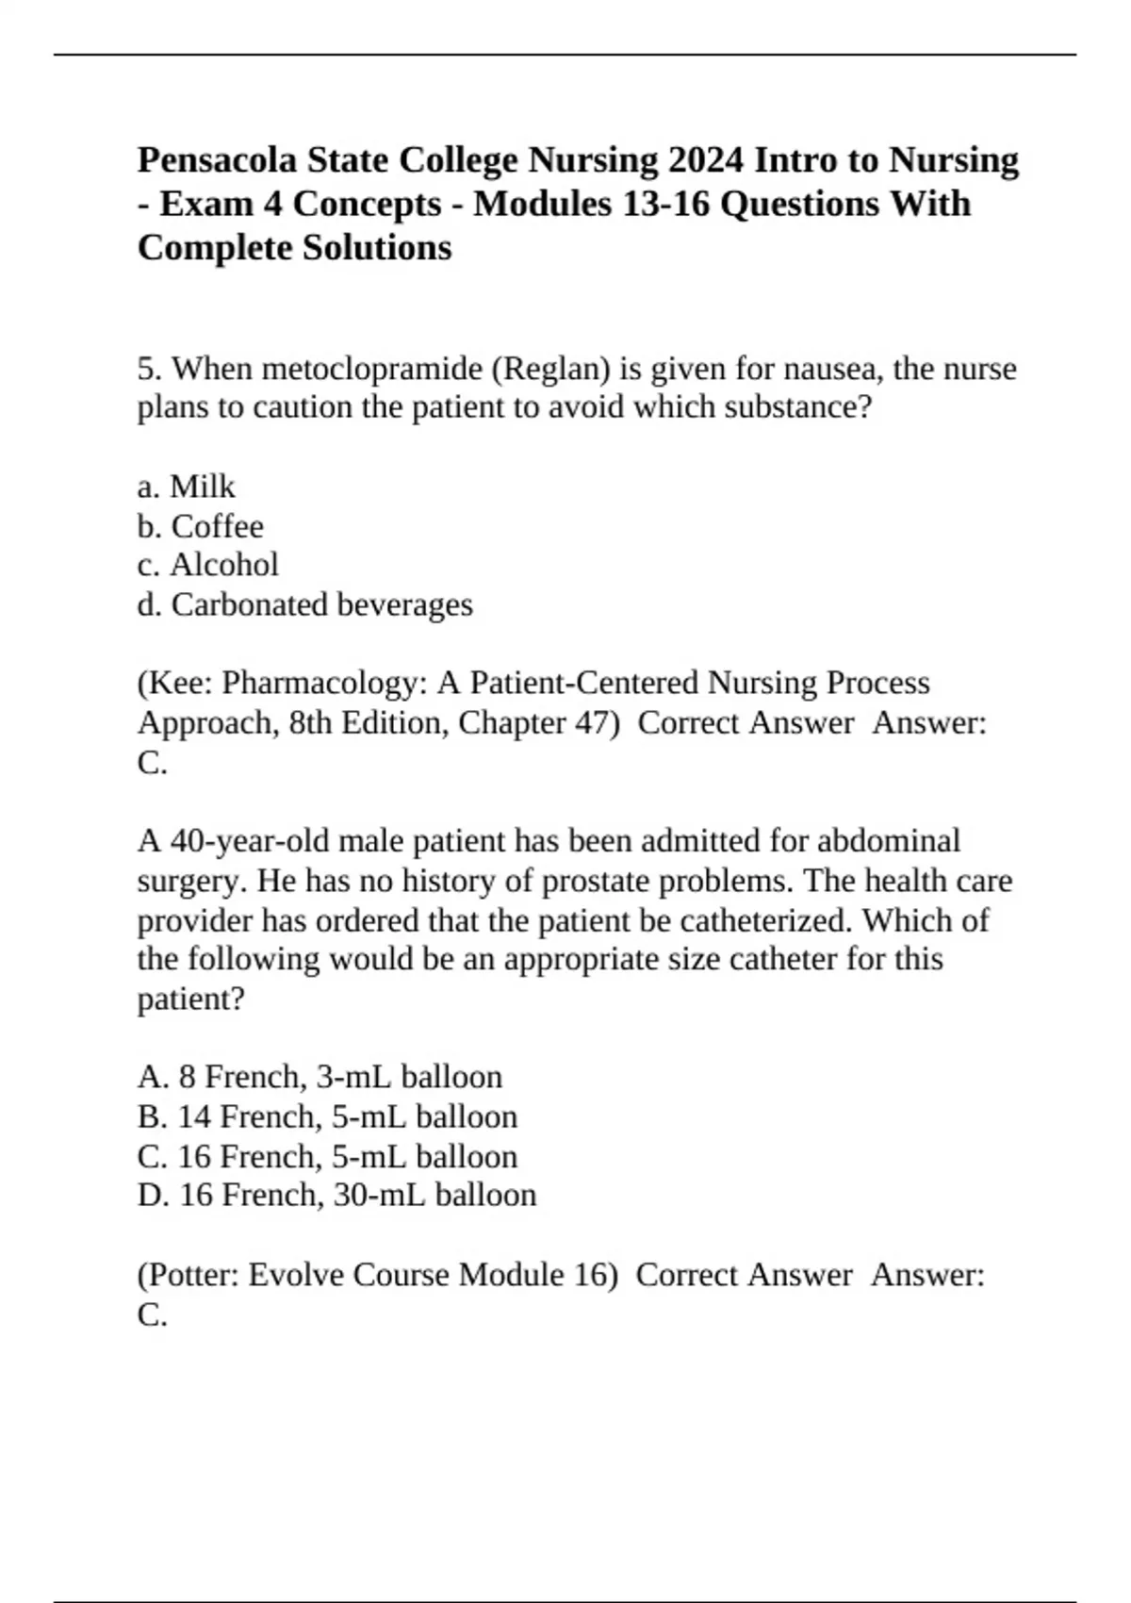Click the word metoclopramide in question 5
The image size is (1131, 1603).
point(372,369)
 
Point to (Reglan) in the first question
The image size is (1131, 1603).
point(550,369)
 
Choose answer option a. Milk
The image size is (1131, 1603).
point(186,487)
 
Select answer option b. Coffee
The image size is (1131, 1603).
point(200,526)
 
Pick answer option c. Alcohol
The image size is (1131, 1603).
point(207,565)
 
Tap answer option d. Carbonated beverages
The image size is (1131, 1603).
point(304,604)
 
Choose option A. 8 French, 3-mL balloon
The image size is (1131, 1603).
point(320,1077)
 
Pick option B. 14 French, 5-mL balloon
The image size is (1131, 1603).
point(327,1117)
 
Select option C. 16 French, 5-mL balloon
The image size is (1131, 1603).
point(327,1157)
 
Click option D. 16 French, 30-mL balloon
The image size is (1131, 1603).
point(336,1196)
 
